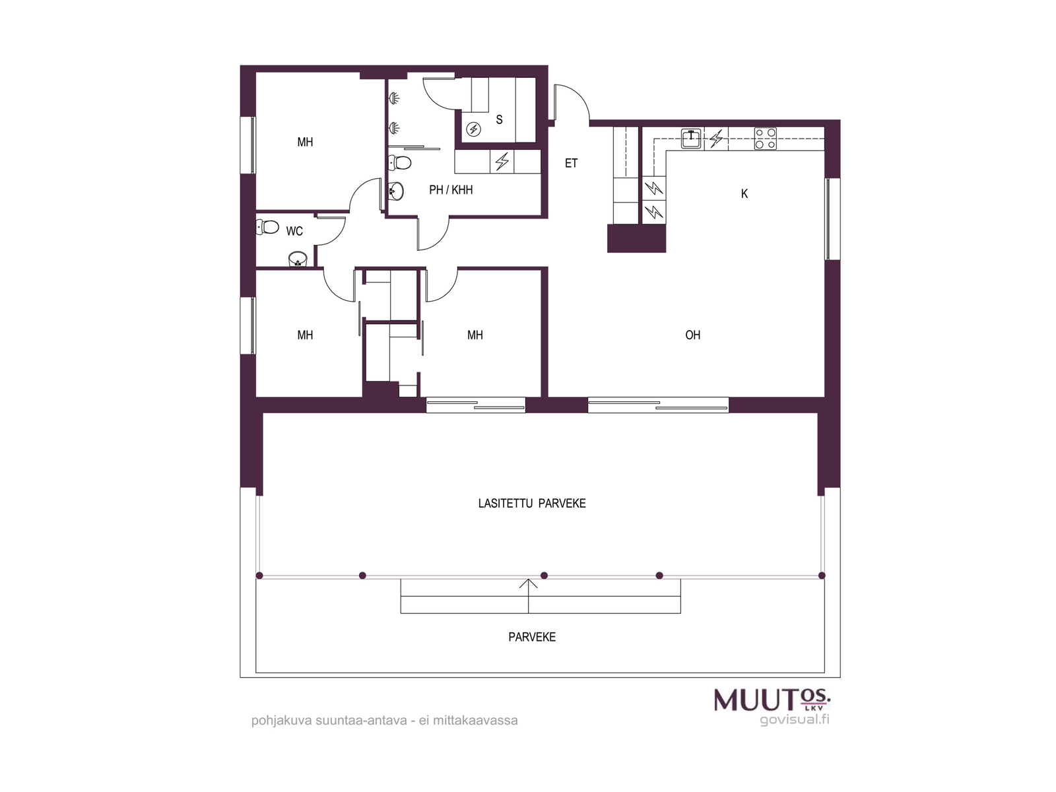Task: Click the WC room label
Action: tap(294, 231)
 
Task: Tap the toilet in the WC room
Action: tap(267, 226)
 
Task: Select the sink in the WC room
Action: tap(298, 259)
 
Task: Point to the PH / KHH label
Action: tap(451, 190)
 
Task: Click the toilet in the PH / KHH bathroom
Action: tap(400, 162)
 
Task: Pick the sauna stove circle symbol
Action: tap(473, 129)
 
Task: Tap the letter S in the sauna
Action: tap(499, 119)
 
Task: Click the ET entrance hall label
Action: tap(571, 164)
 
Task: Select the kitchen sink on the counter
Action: tap(691, 139)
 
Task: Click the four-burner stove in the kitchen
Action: tap(765, 139)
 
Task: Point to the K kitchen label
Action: tap(744, 194)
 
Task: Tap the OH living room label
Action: tap(693, 335)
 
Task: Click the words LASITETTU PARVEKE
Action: tap(531, 504)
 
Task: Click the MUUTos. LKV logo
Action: tap(772, 700)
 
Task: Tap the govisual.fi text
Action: tap(794, 720)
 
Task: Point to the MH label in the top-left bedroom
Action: tap(305, 142)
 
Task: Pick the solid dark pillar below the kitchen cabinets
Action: tap(636, 238)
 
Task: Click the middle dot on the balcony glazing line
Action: tap(544, 576)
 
